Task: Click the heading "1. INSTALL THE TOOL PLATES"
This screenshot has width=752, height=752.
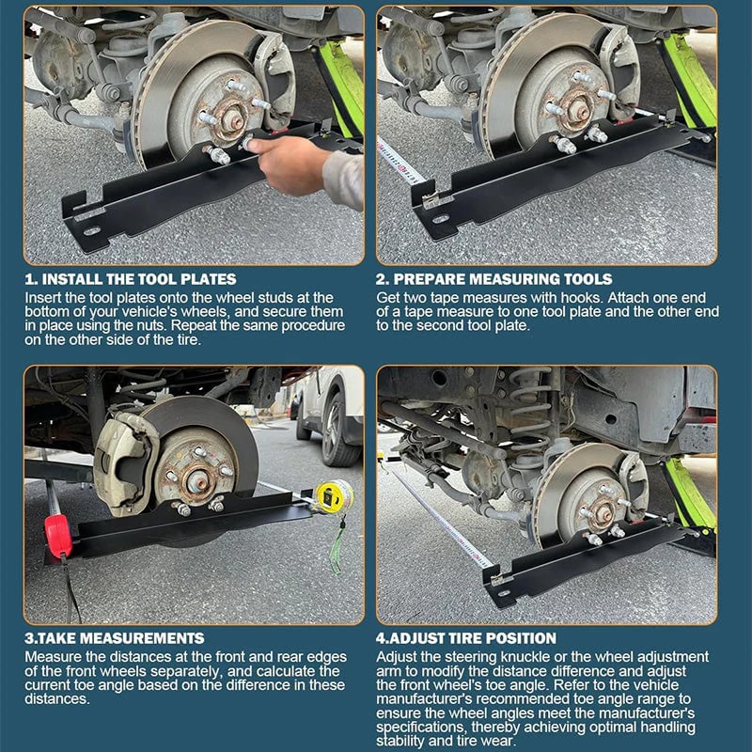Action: click(131, 279)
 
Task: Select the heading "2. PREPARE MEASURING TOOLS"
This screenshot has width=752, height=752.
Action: click(494, 279)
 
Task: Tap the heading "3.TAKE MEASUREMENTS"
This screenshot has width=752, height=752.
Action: click(114, 638)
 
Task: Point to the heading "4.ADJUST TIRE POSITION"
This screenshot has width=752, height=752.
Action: click(466, 638)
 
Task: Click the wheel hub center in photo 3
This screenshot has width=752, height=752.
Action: click(199, 483)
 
